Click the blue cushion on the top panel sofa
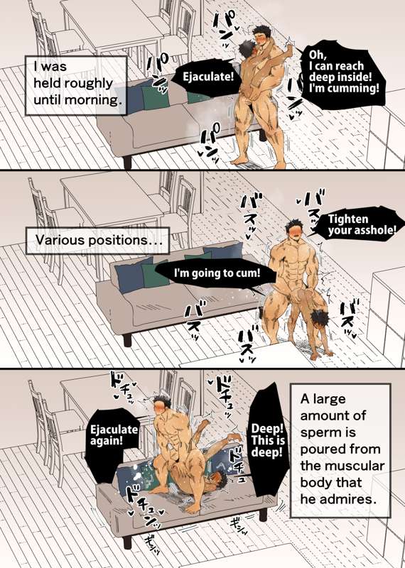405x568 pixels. point(134,97)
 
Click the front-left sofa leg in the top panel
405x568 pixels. point(127,163)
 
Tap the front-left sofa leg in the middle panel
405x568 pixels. point(127,341)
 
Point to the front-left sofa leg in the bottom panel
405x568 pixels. point(127,542)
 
